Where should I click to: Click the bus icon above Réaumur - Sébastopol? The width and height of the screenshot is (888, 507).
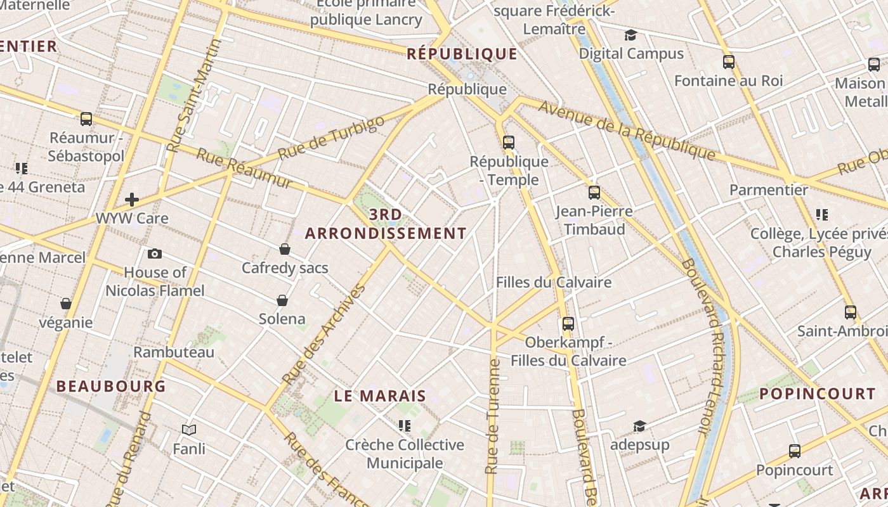coord(86,119)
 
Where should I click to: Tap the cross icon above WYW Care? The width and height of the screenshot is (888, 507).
coord(132,200)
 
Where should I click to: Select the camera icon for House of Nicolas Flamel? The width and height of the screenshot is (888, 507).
coord(154,254)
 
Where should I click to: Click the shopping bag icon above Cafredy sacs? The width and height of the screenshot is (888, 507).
coord(285,249)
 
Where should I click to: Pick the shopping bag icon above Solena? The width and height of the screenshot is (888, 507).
coord(282,300)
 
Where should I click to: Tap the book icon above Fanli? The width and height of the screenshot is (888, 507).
coord(189,430)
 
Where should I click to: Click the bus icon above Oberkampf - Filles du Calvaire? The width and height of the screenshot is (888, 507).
coord(568,324)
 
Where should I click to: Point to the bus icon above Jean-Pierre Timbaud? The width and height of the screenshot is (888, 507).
coord(594,193)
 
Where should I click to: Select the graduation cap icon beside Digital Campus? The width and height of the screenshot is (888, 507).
coord(630,35)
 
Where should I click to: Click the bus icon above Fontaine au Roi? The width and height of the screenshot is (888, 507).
coord(729,62)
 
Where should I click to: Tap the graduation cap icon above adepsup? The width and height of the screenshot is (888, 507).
coord(639,426)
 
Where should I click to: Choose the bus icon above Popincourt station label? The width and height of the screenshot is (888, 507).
coord(795,451)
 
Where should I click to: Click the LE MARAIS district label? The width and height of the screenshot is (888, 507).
coord(380,397)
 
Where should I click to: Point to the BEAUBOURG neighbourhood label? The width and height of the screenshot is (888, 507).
coord(111,386)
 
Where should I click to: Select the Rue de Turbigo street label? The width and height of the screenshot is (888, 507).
coord(332,138)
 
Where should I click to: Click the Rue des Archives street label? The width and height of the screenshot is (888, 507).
coord(324,335)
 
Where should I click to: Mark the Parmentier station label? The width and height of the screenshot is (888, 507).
coord(769,189)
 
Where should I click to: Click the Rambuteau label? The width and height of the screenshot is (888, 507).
coord(174,352)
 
